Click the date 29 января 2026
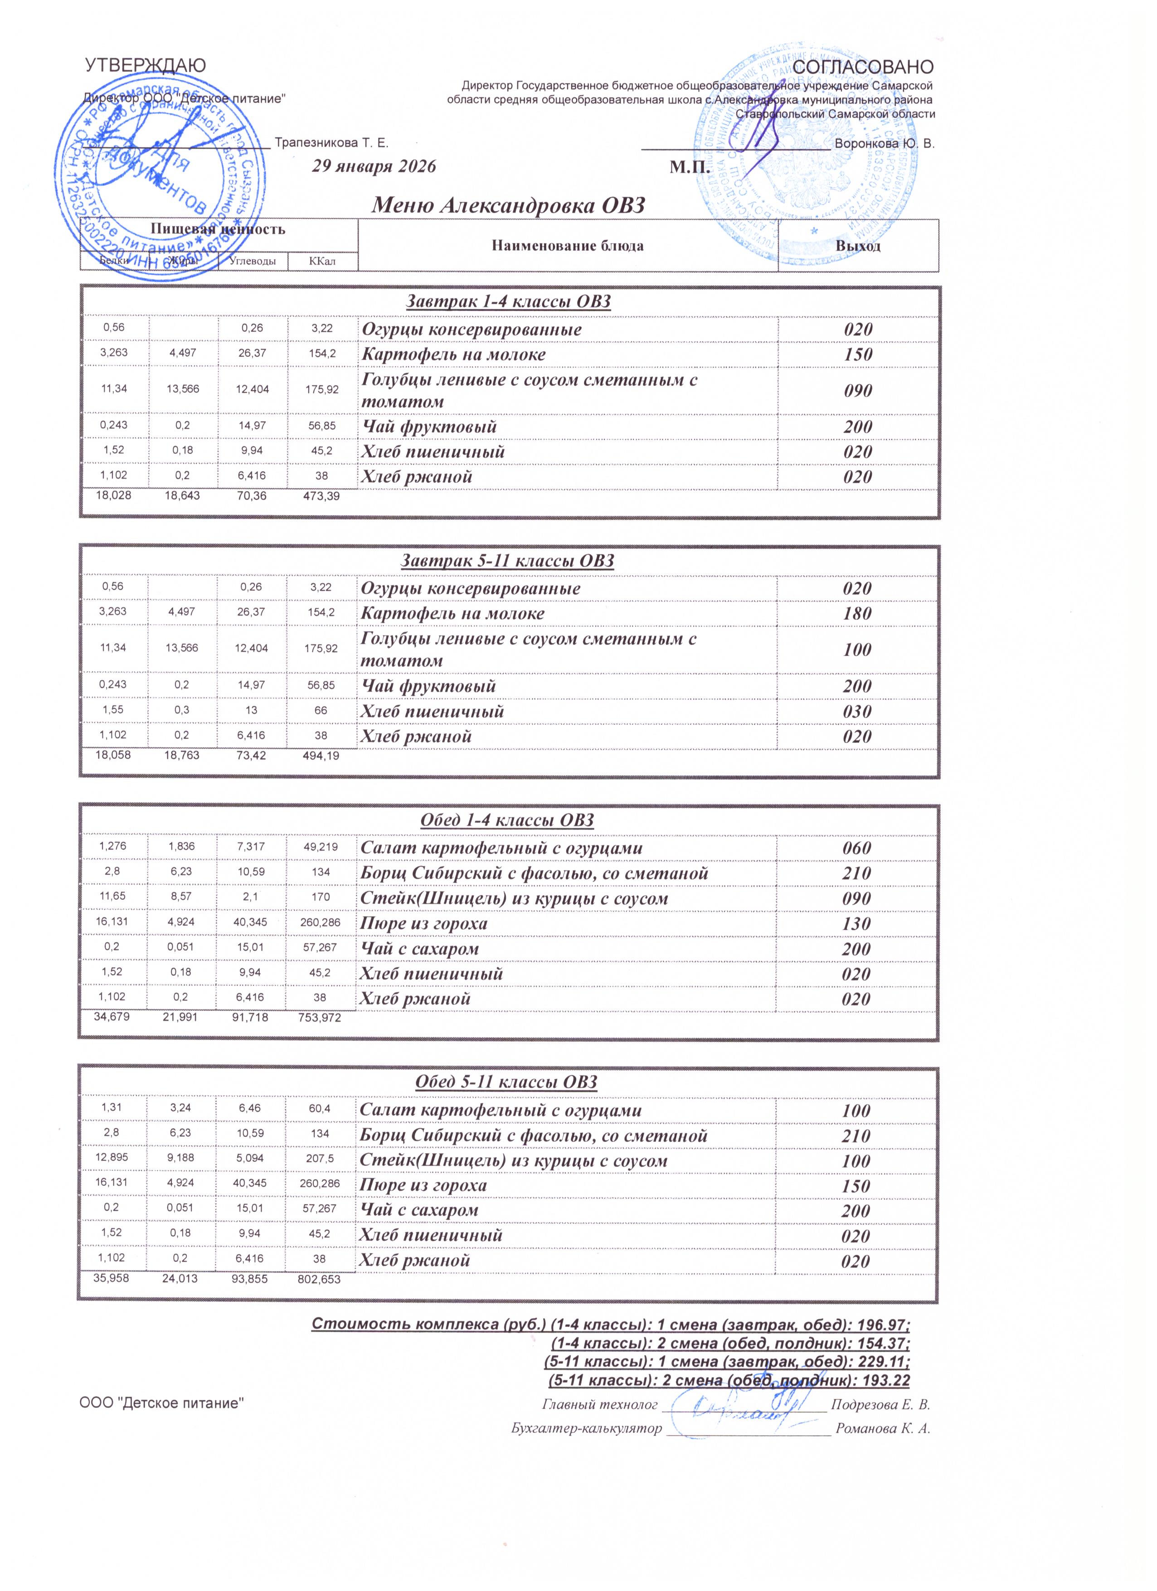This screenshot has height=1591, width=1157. click(374, 166)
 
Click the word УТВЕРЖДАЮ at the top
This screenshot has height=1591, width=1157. click(145, 66)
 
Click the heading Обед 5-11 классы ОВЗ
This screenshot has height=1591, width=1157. click(506, 1082)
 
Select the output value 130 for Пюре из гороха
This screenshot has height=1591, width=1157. click(856, 924)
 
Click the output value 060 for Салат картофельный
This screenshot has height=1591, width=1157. click(856, 848)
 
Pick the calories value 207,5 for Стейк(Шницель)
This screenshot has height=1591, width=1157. click(319, 1160)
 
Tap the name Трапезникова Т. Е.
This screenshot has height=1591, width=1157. click(331, 143)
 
